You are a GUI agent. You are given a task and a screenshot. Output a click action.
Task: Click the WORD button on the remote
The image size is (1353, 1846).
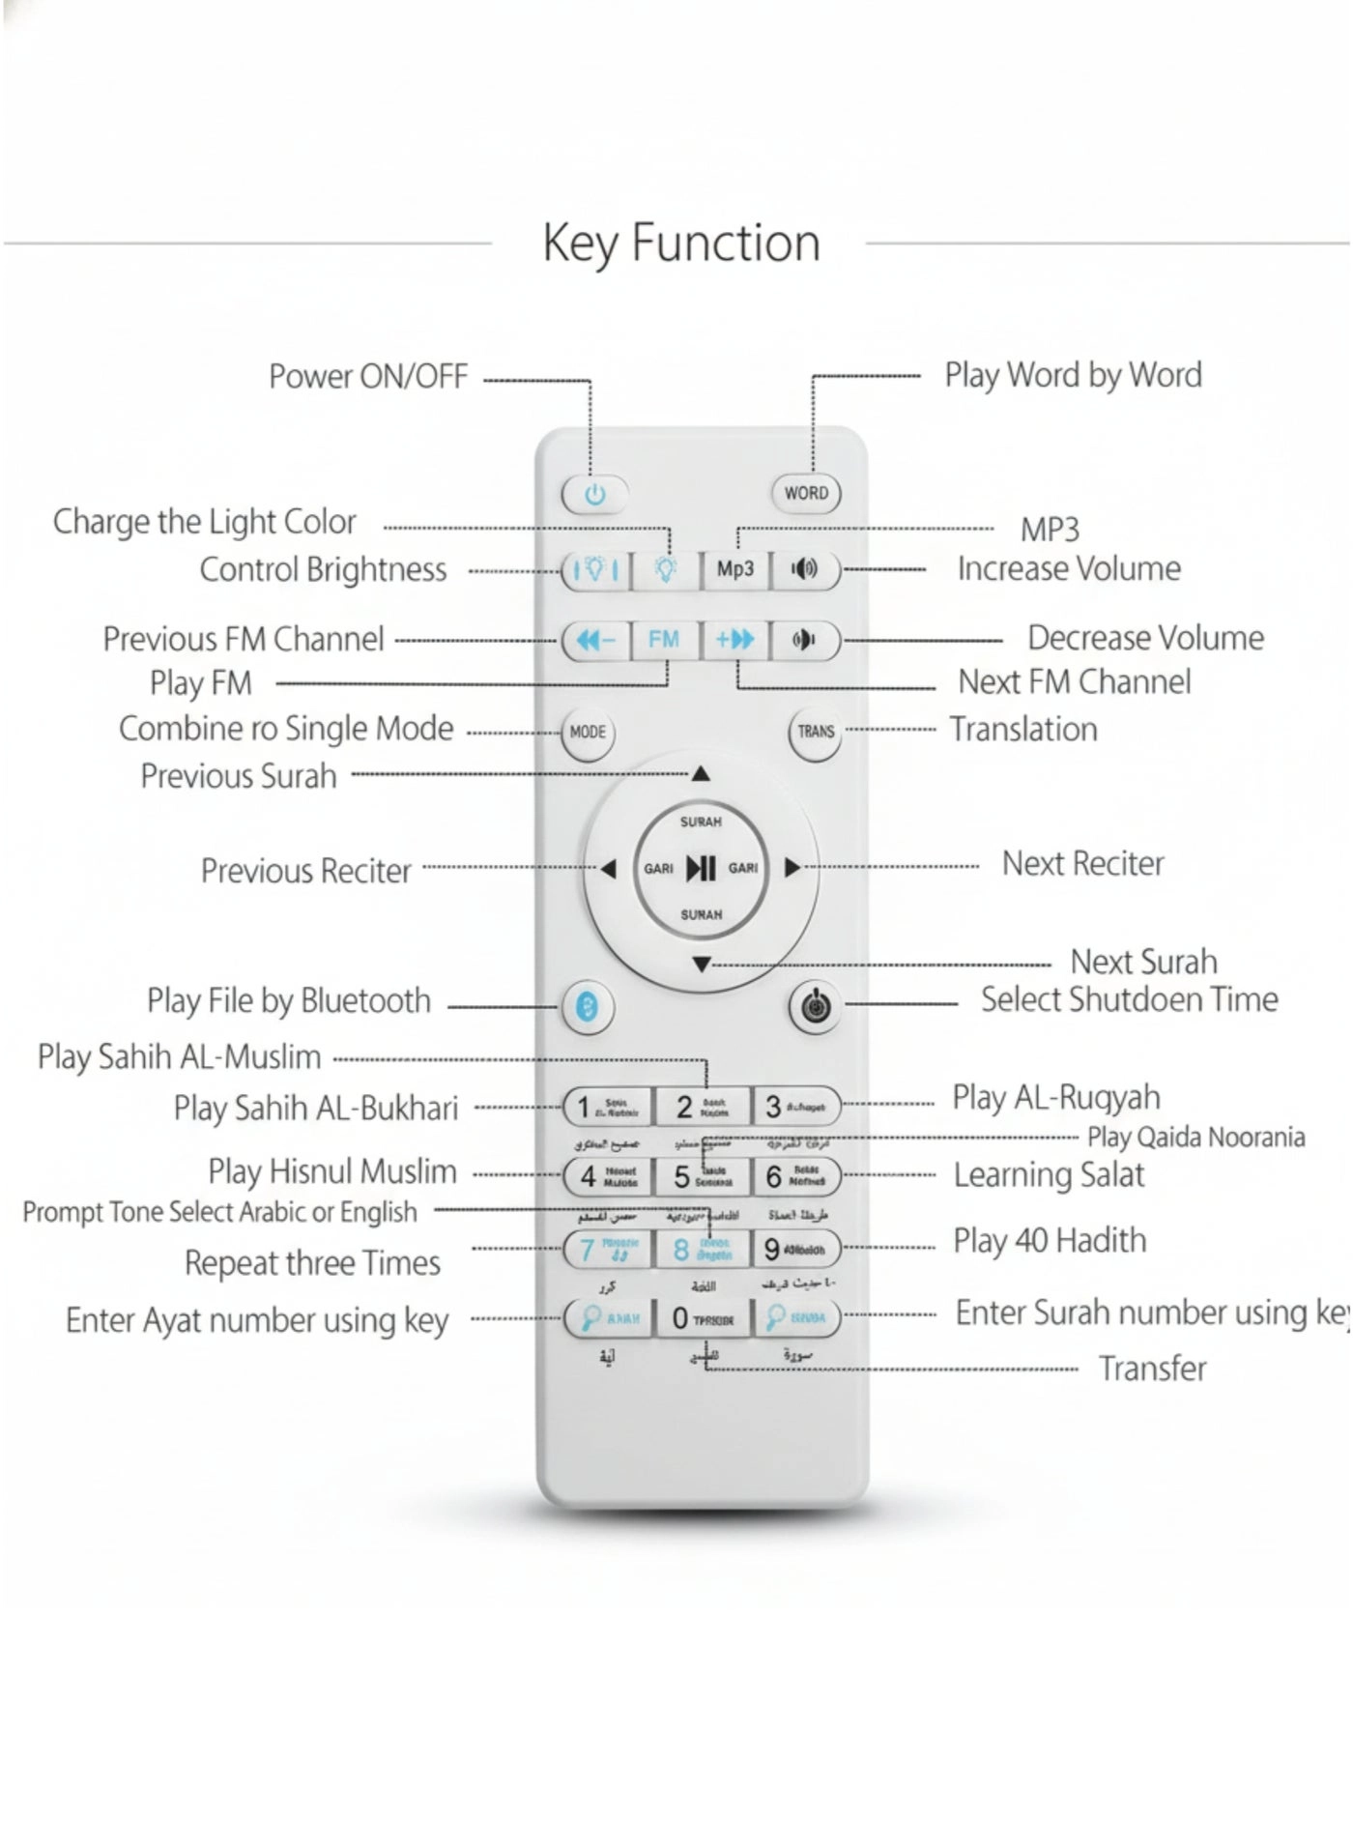pyautogui.click(x=806, y=493)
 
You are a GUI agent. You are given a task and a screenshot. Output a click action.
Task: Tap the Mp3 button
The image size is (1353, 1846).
pyautogui.click(x=734, y=569)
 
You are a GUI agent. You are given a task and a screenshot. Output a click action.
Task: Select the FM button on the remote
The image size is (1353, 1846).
pyautogui.click(x=664, y=640)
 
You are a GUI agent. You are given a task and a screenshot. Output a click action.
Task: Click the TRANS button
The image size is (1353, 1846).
pyautogui.click(x=815, y=732)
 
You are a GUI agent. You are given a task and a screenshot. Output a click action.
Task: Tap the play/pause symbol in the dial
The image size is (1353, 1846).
pyautogui.click(x=701, y=868)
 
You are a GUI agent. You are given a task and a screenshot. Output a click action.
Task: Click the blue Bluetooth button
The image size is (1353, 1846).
pyautogui.click(x=587, y=1006)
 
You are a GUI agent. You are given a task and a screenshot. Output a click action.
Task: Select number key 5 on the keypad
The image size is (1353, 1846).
pyautogui.click(x=703, y=1176)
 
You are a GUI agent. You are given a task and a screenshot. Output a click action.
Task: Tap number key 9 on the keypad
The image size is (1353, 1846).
pyautogui.click(x=795, y=1249)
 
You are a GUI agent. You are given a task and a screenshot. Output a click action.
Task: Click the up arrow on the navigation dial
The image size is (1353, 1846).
pyautogui.click(x=701, y=774)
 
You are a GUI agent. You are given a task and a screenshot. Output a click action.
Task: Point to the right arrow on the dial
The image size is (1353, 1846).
pyautogui.click(x=792, y=868)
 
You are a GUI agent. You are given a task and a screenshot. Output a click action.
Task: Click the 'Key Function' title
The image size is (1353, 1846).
pyautogui.click(x=681, y=243)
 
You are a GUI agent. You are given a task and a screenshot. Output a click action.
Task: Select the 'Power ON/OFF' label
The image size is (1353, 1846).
pyautogui.click(x=368, y=376)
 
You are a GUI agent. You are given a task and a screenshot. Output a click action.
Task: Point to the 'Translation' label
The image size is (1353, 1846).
pyautogui.click(x=1023, y=730)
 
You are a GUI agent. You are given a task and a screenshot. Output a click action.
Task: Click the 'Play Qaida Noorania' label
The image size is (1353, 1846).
pyautogui.click(x=1196, y=1138)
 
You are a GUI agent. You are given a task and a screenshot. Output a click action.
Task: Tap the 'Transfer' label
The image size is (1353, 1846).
pyautogui.click(x=1152, y=1369)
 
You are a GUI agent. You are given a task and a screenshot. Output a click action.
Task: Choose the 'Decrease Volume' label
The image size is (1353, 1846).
pyautogui.click(x=1145, y=638)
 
